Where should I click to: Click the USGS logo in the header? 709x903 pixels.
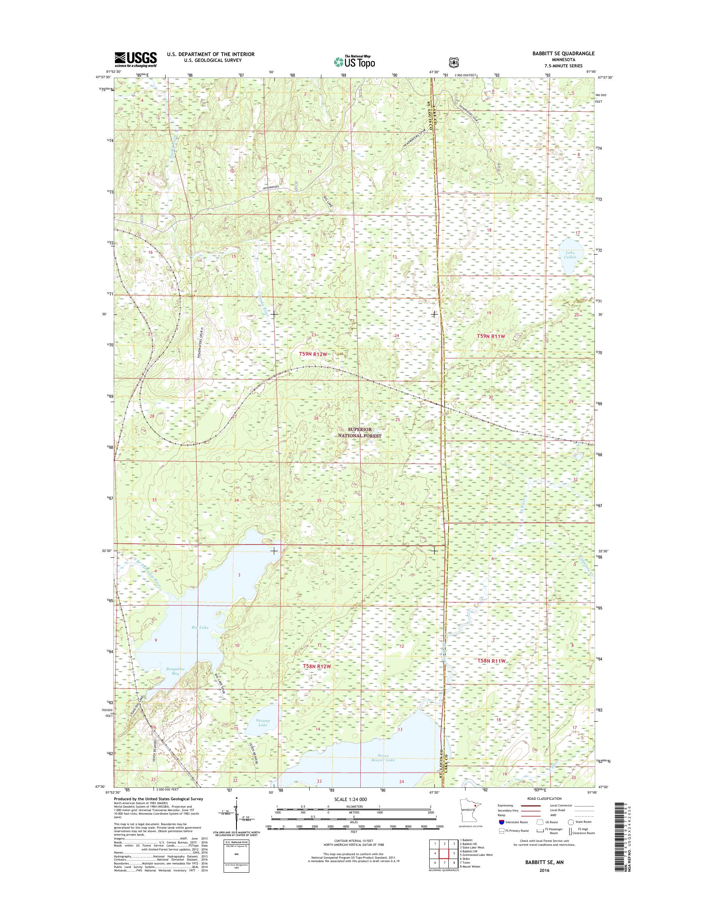point(135,59)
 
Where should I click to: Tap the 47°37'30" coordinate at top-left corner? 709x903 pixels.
point(104,77)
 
